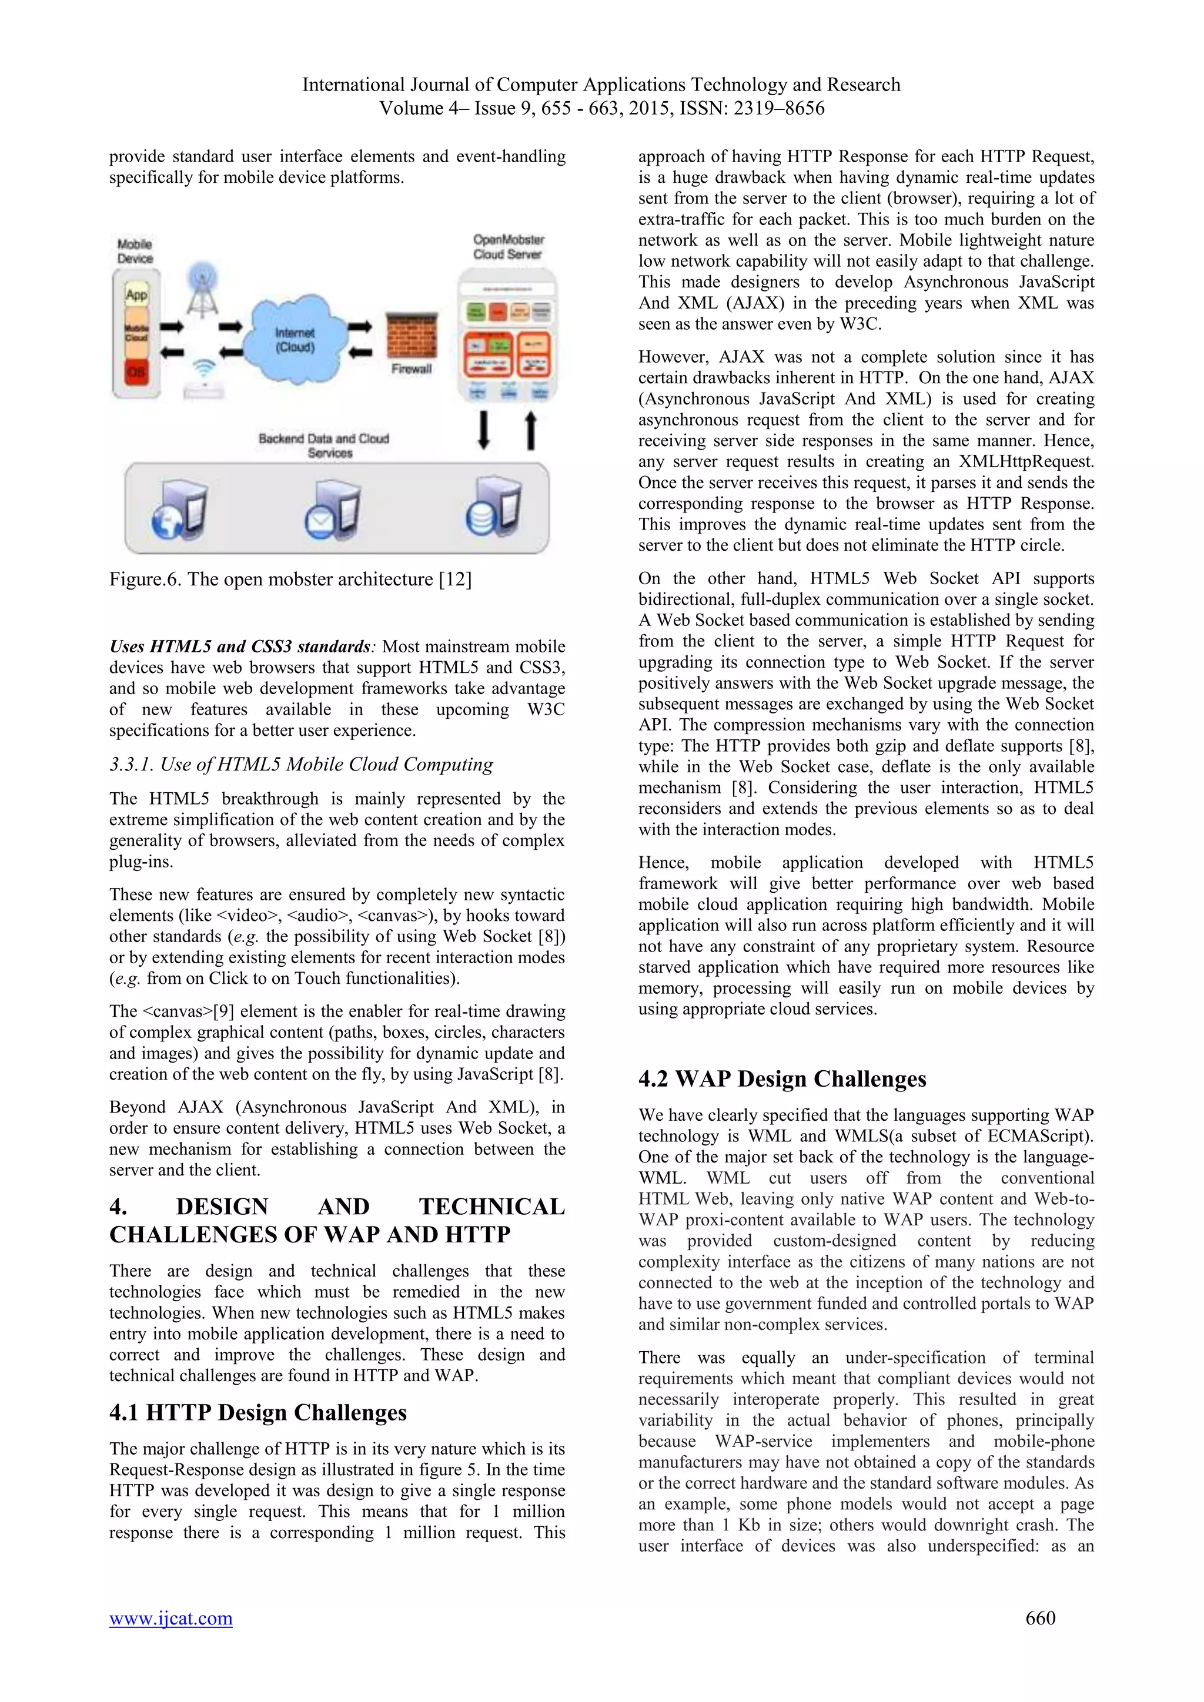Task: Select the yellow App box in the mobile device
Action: coord(136,295)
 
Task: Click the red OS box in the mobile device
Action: coord(136,371)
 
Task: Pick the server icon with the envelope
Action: coord(333,511)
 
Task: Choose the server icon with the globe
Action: coord(179,511)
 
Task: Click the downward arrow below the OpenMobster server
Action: coord(483,430)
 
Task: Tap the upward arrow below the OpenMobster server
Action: coord(531,430)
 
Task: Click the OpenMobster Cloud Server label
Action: coord(508,247)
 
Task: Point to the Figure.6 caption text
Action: coord(290,579)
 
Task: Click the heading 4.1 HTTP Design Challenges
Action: coord(258,1412)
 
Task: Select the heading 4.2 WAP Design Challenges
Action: coord(782,1078)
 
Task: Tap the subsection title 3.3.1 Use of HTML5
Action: coord(301,764)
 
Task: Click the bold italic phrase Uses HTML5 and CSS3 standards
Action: coord(239,646)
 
